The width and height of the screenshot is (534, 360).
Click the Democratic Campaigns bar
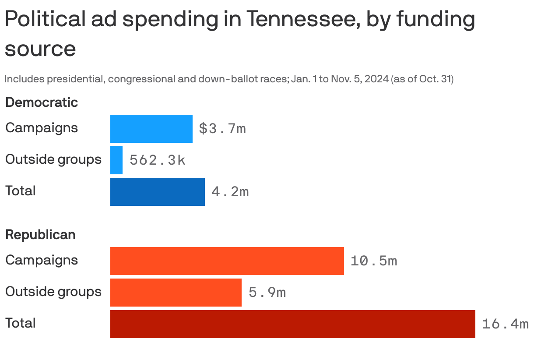[x=151, y=129]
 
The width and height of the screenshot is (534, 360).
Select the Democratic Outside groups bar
[x=116, y=160]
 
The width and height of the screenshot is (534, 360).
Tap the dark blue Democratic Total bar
[x=157, y=192]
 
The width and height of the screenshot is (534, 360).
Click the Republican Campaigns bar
[x=227, y=261]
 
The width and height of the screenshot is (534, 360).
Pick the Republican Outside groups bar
[x=176, y=293]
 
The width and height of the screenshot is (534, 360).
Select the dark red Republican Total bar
[x=292, y=324]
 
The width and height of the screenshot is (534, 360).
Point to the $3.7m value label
[x=222, y=129]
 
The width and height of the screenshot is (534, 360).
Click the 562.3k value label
[x=158, y=160]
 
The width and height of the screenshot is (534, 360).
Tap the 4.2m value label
[x=230, y=192]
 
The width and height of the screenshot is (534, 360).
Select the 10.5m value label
[x=374, y=261]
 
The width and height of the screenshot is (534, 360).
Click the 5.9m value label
[x=267, y=293]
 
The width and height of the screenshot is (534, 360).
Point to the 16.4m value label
[x=505, y=324]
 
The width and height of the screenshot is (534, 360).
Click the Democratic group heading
[x=42, y=102]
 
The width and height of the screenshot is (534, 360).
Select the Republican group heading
[x=40, y=235]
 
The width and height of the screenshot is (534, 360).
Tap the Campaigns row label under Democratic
[x=42, y=128]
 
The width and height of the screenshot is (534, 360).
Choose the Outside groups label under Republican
[x=53, y=292]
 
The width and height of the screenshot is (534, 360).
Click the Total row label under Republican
[x=20, y=323]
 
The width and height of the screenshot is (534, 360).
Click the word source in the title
[x=40, y=49]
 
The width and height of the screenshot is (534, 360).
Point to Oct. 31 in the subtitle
[x=436, y=79]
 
